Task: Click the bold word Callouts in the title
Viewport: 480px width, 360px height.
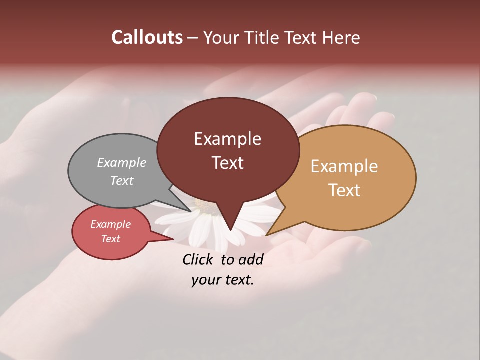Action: pyautogui.click(x=147, y=37)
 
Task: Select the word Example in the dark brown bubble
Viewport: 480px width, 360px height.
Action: pyautogui.click(x=227, y=139)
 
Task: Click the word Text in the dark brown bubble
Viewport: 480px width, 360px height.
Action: pyautogui.click(x=227, y=163)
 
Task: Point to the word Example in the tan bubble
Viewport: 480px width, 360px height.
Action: pyautogui.click(x=344, y=166)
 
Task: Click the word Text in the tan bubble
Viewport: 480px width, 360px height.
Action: pyautogui.click(x=344, y=190)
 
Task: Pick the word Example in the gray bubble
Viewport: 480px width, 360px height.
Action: pyautogui.click(x=122, y=162)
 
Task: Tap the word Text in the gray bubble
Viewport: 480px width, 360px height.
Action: pyautogui.click(x=122, y=180)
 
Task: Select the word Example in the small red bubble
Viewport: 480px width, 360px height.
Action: pyautogui.click(x=110, y=224)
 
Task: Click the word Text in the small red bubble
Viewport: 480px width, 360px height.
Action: pyautogui.click(x=110, y=239)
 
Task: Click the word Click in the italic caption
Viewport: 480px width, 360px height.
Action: pyautogui.click(x=199, y=259)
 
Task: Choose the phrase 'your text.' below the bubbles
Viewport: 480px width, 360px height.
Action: pyautogui.click(x=222, y=280)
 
